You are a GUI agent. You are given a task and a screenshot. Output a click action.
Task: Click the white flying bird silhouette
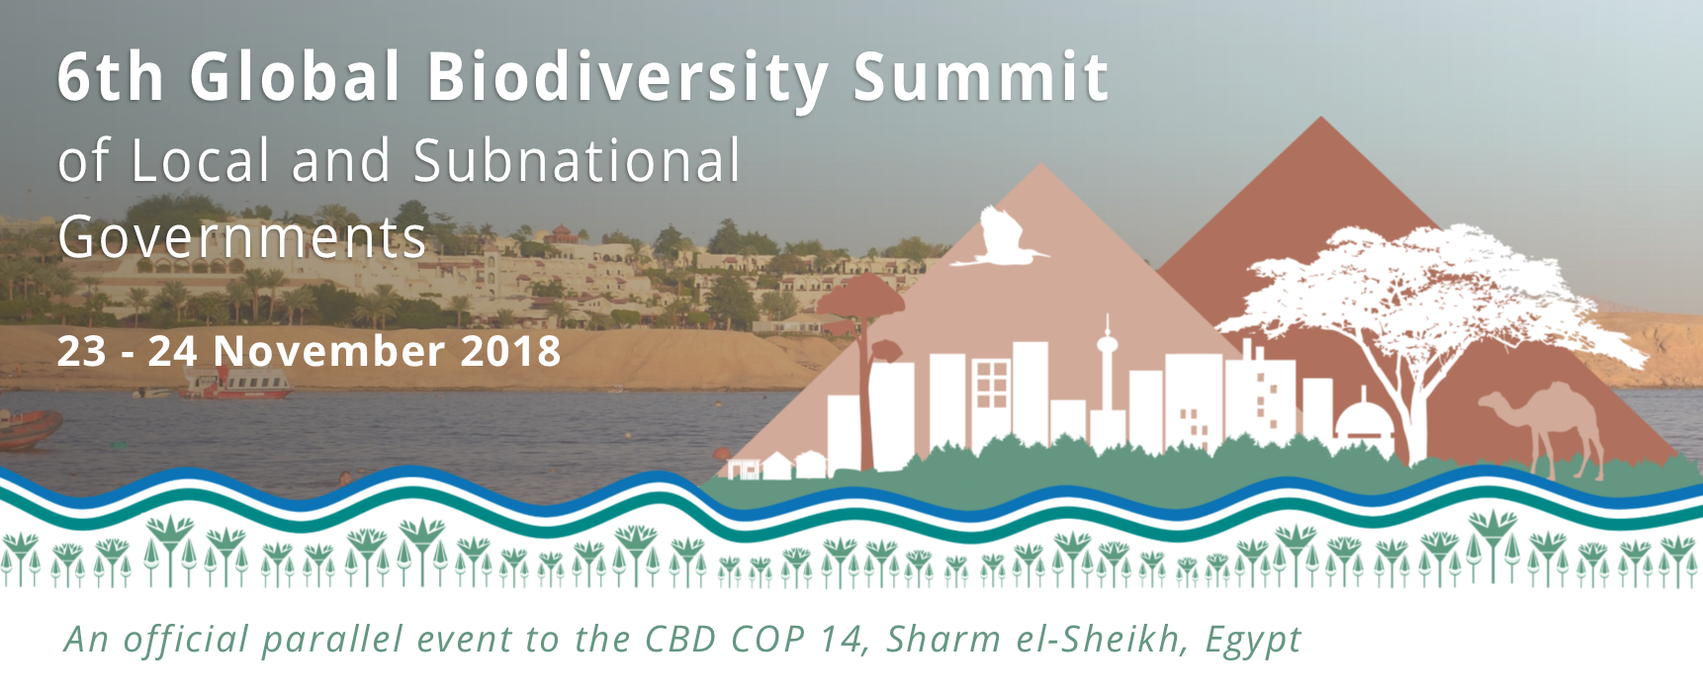999,237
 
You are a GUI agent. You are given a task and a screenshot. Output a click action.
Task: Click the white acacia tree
1424,316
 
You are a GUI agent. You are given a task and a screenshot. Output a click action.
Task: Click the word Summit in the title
981,77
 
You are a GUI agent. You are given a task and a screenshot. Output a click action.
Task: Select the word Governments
242,238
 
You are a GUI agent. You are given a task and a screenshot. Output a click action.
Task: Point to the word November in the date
329,352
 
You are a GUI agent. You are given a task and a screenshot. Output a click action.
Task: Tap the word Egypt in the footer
1253,641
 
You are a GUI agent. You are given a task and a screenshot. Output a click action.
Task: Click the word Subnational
577,161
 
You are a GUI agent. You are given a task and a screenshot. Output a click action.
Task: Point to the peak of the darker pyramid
1320,118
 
